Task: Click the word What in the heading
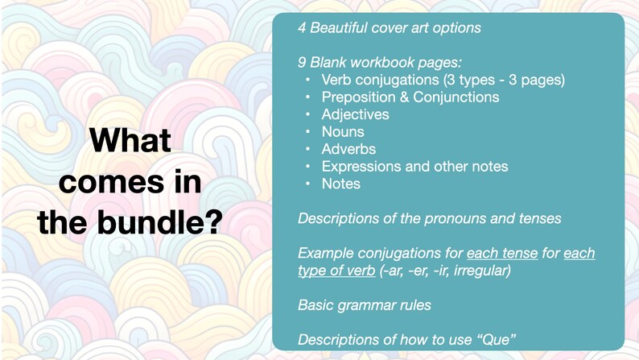click(x=130, y=141)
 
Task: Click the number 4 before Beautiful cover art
click(x=302, y=28)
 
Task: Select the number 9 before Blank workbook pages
click(x=302, y=62)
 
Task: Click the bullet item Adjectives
click(x=355, y=114)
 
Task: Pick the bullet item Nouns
click(x=343, y=131)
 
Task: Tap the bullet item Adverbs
click(x=348, y=149)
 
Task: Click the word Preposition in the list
click(x=361, y=97)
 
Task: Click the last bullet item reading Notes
click(x=341, y=184)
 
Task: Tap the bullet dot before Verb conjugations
click(x=307, y=80)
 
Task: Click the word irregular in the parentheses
click(x=482, y=270)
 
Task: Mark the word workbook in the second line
click(x=386, y=62)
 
